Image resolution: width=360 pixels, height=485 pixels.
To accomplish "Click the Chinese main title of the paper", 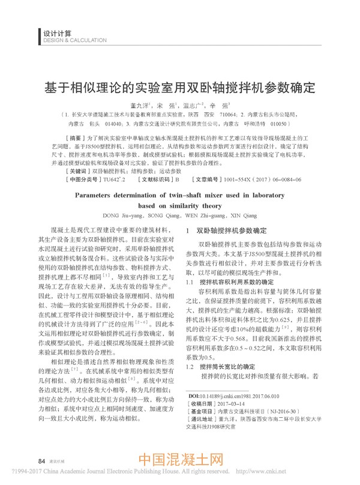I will (x=180, y=85).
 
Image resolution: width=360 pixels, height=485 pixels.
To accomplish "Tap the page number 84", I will (x=41, y=460).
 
